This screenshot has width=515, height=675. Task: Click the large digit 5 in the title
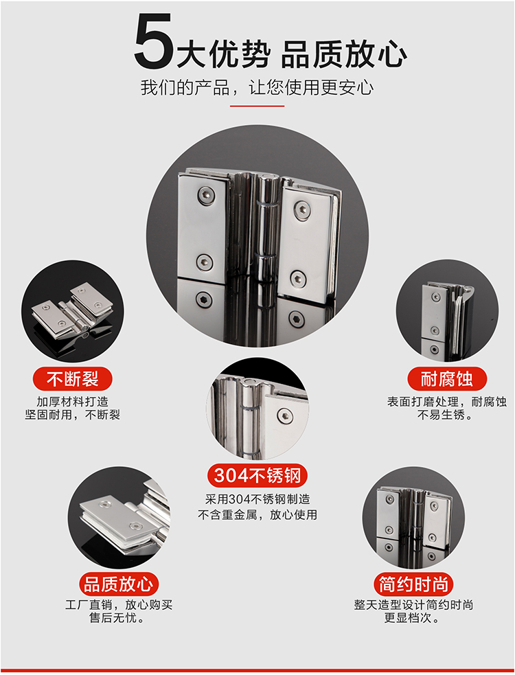(153, 41)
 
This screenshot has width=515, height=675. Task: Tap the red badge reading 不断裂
(72, 379)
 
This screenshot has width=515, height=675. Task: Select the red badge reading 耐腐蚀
(447, 379)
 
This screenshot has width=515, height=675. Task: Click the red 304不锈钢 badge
(257, 476)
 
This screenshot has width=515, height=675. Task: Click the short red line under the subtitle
(257, 106)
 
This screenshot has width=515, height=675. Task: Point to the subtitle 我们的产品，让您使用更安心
(257, 87)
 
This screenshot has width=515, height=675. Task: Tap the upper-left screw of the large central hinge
(206, 196)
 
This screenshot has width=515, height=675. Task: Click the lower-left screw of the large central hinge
(204, 262)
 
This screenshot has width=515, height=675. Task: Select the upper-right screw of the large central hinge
(302, 211)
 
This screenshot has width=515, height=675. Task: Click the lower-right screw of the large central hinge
(297, 279)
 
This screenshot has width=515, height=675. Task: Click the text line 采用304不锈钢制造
(257, 499)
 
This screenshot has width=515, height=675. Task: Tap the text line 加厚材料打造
(72, 402)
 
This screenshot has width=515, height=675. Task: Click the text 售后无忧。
(117, 618)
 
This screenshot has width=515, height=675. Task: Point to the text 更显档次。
(412, 618)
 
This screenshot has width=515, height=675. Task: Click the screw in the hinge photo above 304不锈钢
(285, 415)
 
